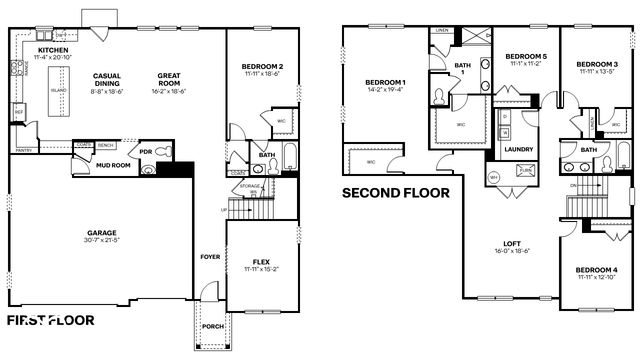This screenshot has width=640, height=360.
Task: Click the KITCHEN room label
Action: [x=53, y=49]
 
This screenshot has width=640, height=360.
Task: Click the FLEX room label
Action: [x=262, y=263]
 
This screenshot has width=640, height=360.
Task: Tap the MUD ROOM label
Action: [x=114, y=165]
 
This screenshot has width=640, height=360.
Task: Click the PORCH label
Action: [x=212, y=324]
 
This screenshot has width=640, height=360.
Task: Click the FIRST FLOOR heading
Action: [x=51, y=321]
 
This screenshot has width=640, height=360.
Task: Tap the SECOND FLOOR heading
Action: [x=396, y=193]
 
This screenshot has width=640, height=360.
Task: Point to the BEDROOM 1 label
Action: [x=385, y=81]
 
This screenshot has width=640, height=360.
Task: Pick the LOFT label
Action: [x=512, y=242]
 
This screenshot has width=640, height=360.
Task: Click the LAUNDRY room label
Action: [x=518, y=150]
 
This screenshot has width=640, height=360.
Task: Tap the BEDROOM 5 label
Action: [x=525, y=56]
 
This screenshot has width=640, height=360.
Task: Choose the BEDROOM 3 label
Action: [x=597, y=65]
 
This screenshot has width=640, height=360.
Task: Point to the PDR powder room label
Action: [x=145, y=153]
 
